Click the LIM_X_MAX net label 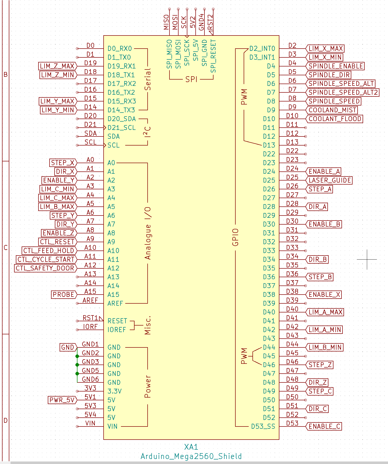(x=326, y=48)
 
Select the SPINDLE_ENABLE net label (x=336, y=66)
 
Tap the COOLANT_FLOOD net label (x=335, y=119)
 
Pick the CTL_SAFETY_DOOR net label (x=45, y=268)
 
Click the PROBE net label (x=63, y=295)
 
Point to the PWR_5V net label (x=62, y=400)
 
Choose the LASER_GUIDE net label (x=330, y=180)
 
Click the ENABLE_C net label (x=324, y=426)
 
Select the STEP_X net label (x=63, y=163)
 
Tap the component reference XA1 (x=191, y=447)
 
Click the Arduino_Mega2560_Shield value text (x=191, y=456)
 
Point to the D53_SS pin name (x=263, y=426)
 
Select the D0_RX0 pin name (x=120, y=48)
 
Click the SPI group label (x=191, y=80)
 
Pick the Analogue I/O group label (x=148, y=233)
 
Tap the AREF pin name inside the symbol (x=115, y=303)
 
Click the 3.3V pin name (x=114, y=391)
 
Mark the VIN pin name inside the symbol (x=112, y=426)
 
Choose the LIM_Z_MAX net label (x=57, y=66)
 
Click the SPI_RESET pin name (x=213, y=56)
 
